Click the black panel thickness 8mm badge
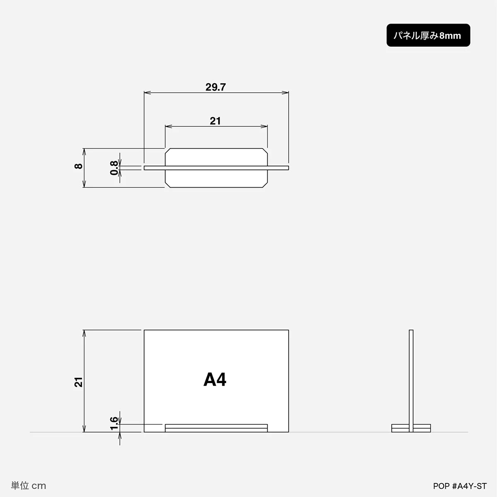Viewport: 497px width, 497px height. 428,35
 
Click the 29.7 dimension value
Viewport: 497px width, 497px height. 216,87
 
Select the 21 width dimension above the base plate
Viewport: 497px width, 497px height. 215,121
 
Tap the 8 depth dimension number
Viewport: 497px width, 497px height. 78,166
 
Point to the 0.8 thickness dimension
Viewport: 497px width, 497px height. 114,168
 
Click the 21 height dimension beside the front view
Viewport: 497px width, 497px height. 78,382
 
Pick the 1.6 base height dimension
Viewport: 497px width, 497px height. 114,424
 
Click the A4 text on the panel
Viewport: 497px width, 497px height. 215,380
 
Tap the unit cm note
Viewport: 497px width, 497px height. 29,486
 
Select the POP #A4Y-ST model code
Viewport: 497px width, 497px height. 460,486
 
